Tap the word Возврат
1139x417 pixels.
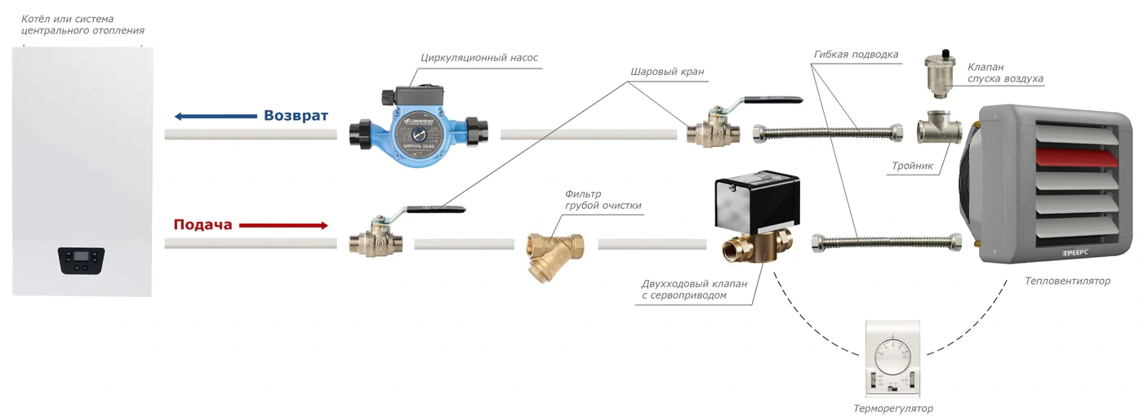coord(296,116)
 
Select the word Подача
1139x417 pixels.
coord(202,225)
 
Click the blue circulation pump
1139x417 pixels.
coord(420,135)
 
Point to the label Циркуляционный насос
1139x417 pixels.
coord(479,58)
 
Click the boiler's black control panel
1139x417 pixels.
coord(82,260)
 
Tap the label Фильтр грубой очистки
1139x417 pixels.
coord(603,200)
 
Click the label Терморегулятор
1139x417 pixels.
coord(892,408)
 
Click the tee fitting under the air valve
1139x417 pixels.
coord(937,130)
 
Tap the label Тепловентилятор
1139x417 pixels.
coord(1068,281)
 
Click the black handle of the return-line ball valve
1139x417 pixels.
coord(771,100)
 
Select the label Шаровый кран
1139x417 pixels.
coord(666,72)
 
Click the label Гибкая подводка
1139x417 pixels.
coord(856,55)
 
